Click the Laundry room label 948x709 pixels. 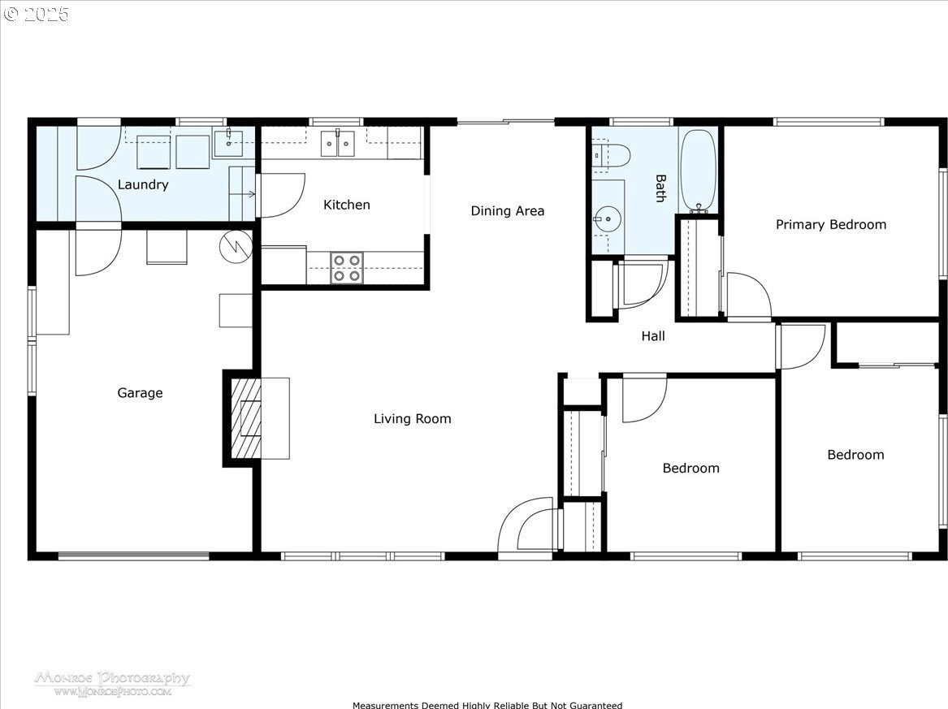click(143, 185)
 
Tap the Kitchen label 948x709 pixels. click(346, 205)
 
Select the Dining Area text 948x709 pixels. click(507, 211)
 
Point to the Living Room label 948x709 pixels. click(413, 419)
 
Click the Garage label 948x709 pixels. click(140, 394)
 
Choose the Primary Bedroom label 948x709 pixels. click(831, 225)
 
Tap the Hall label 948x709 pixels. click(653, 336)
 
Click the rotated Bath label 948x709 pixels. click(660, 188)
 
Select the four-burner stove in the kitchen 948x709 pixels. click(346, 268)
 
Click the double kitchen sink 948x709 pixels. click(337, 143)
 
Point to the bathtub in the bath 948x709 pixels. click(699, 171)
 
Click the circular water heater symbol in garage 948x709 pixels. click(236, 246)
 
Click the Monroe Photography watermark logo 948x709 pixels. click(112, 684)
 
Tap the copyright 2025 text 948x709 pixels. click(37, 13)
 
